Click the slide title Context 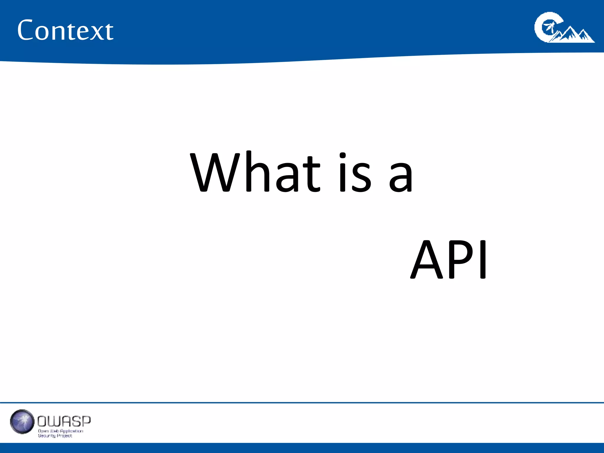click(x=65, y=30)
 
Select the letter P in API click(x=461, y=260)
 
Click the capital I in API click(x=483, y=260)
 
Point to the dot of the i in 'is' click(x=342, y=155)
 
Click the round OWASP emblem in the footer click(x=22, y=421)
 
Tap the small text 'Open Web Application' click(x=60, y=431)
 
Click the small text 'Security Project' click(x=55, y=436)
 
